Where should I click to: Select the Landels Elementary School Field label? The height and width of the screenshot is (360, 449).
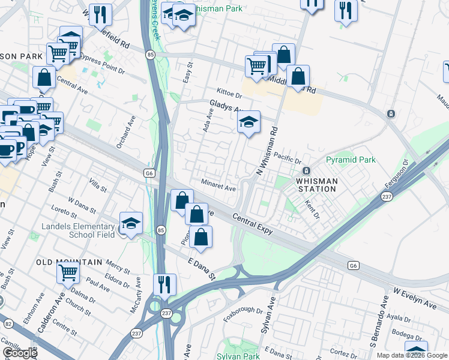[x=78, y=230]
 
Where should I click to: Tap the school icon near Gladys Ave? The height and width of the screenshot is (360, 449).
[x=249, y=123]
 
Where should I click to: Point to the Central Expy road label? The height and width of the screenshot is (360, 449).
[x=253, y=224]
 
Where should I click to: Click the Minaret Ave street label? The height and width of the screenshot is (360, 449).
[x=218, y=187]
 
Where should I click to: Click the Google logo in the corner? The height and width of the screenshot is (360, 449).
[x=19, y=353]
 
